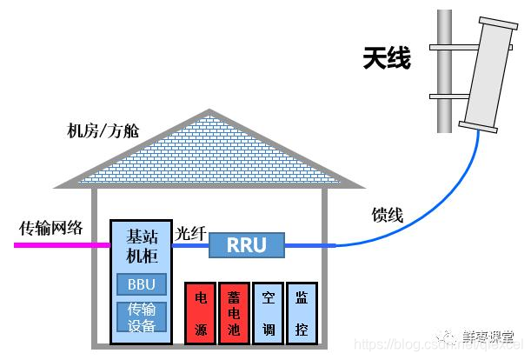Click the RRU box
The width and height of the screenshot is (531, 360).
[x=246, y=245]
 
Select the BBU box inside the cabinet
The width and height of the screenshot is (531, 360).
[x=141, y=284]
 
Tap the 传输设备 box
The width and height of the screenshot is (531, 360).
[x=141, y=318]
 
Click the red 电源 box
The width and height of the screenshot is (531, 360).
[x=199, y=311]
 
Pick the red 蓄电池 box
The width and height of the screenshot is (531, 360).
[x=233, y=311]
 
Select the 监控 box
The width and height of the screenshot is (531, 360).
[x=301, y=311]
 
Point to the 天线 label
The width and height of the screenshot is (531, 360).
[x=387, y=59]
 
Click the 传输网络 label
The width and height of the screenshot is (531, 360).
[x=51, y=228]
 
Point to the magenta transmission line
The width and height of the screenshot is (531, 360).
[x=61, y=245]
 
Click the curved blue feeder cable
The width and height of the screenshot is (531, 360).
[x=435, y=209]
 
